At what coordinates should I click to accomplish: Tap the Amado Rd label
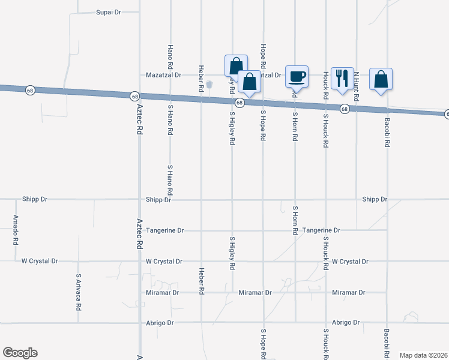point(16,229)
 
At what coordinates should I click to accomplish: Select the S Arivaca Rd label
point(79,292)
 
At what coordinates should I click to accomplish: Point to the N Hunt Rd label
point(356,86)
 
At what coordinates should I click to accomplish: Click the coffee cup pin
point(297,77)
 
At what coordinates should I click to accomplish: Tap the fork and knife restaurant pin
point(342,78)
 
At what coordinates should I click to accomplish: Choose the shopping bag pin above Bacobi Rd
point(381,79)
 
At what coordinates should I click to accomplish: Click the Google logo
point(20,353)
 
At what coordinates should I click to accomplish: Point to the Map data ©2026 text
point(424,355)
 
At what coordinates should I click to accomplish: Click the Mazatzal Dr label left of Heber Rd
point(164,75)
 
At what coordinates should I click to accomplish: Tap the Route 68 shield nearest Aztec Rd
point(134,96)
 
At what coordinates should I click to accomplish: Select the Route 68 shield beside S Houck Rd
point(345,109)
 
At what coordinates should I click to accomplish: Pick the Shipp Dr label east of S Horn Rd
point(375,199)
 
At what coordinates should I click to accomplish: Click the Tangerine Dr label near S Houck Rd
point(321,230)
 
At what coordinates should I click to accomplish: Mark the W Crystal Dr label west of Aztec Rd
point(40,261)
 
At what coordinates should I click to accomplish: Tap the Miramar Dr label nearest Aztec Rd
point(163,293)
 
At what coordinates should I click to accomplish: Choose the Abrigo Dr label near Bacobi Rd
point(348,322)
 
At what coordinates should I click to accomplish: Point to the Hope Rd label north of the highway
point(263,55)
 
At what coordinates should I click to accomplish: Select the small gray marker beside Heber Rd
point(209,84)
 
